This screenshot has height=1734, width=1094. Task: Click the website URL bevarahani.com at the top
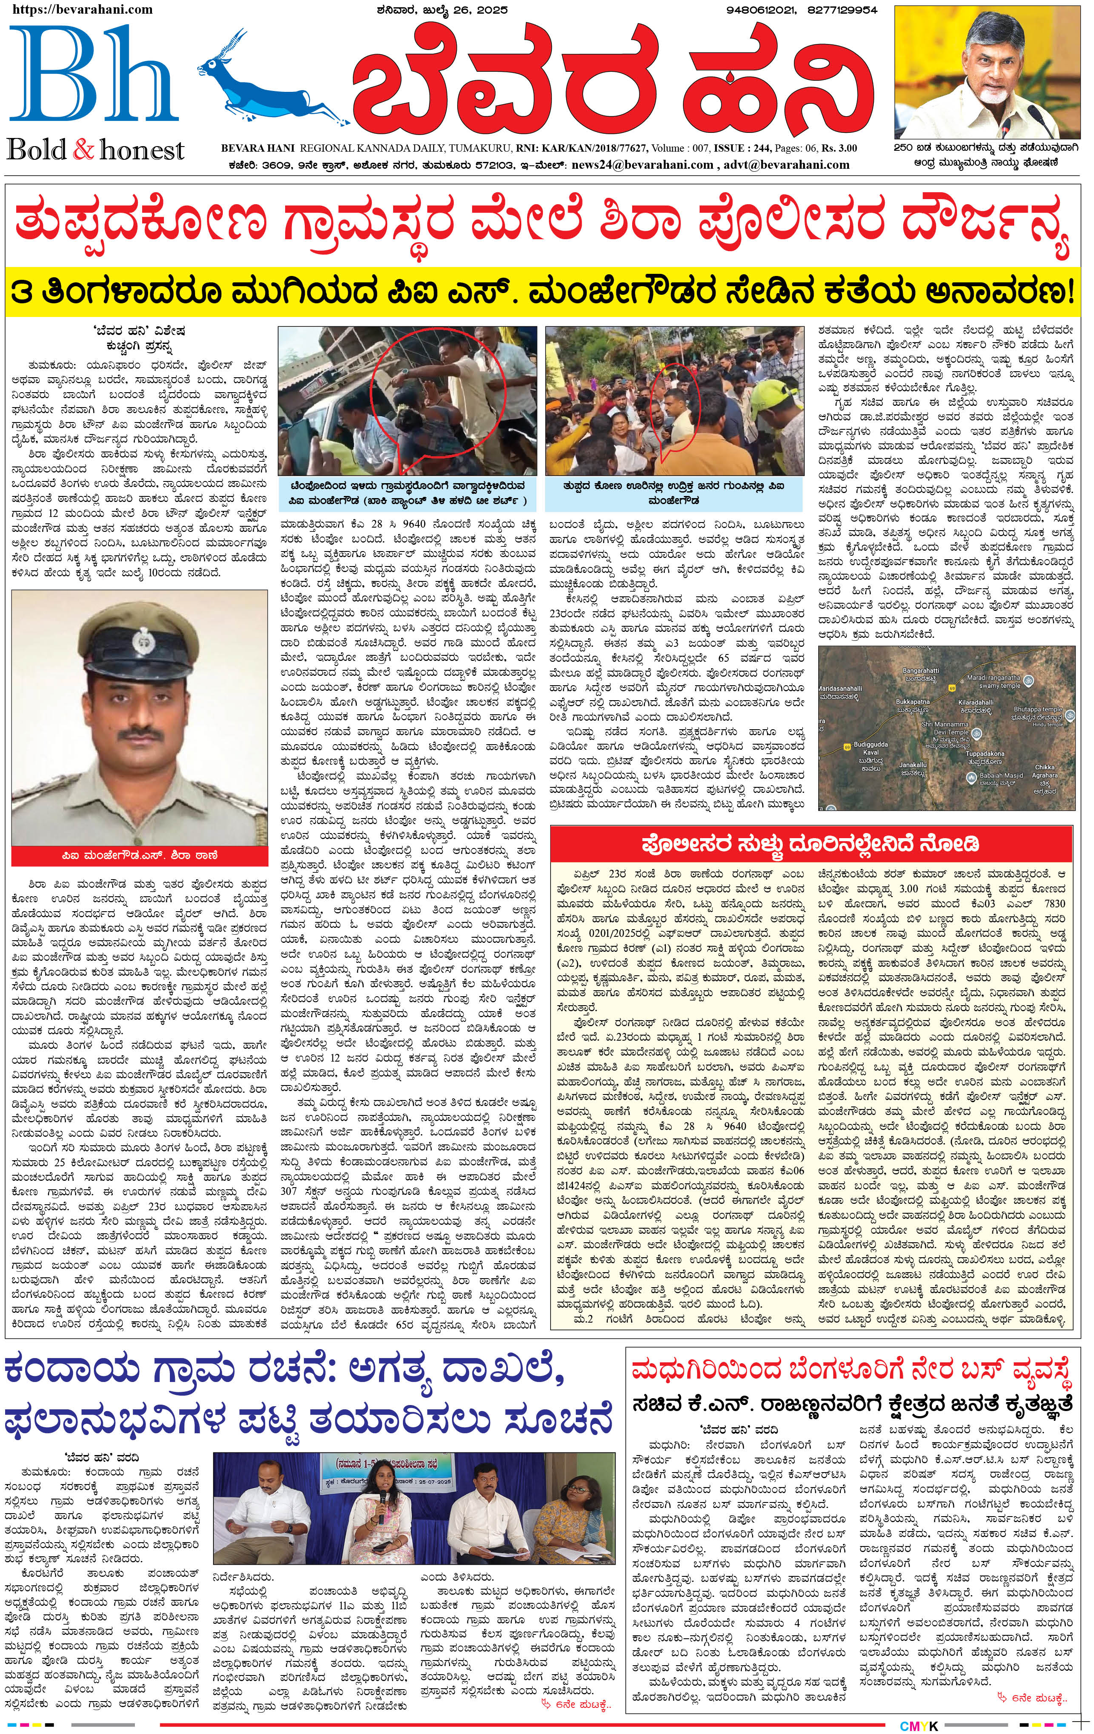83,9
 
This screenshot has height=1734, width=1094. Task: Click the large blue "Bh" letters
93,79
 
